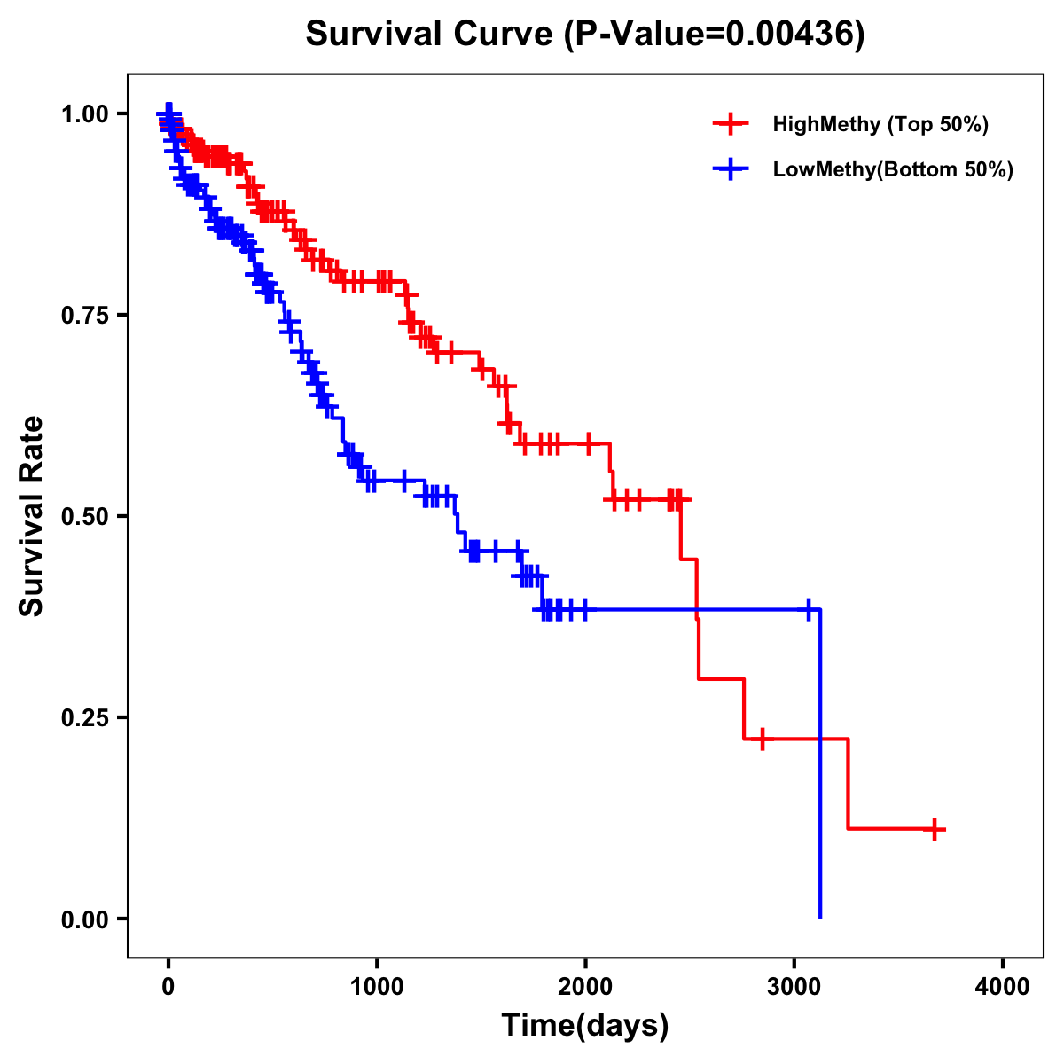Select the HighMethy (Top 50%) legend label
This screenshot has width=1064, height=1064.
tap(880, 124)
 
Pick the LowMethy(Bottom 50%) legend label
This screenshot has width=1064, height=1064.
tap(892, 169)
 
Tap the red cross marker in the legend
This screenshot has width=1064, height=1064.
tap(730, 124)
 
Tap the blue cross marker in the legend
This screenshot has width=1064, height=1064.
tap(730, 169)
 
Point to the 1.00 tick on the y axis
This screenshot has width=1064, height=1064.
tap(83, 113)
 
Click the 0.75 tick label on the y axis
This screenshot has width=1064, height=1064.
tap(83, 315)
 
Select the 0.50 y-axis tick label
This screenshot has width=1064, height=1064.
tap(83, 516)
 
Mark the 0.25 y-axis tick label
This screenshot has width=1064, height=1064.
tap(83, 717)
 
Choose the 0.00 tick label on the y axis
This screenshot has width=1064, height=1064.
tap(83, 919)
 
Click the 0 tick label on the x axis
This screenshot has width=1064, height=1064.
tap(168, 987)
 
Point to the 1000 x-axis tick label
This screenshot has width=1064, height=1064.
tap(377, 987)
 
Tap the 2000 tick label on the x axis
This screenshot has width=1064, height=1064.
tap(585, 987)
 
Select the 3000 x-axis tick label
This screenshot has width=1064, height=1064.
tap(794, 987)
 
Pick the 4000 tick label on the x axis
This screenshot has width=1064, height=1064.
tap(1003, 987)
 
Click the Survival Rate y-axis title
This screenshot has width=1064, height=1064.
tap(32, 516)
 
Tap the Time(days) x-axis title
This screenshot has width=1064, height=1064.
tap(585, 1026)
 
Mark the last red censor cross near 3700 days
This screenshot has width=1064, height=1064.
tap(935, 829)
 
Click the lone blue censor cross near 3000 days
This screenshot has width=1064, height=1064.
tap(809, 609)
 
